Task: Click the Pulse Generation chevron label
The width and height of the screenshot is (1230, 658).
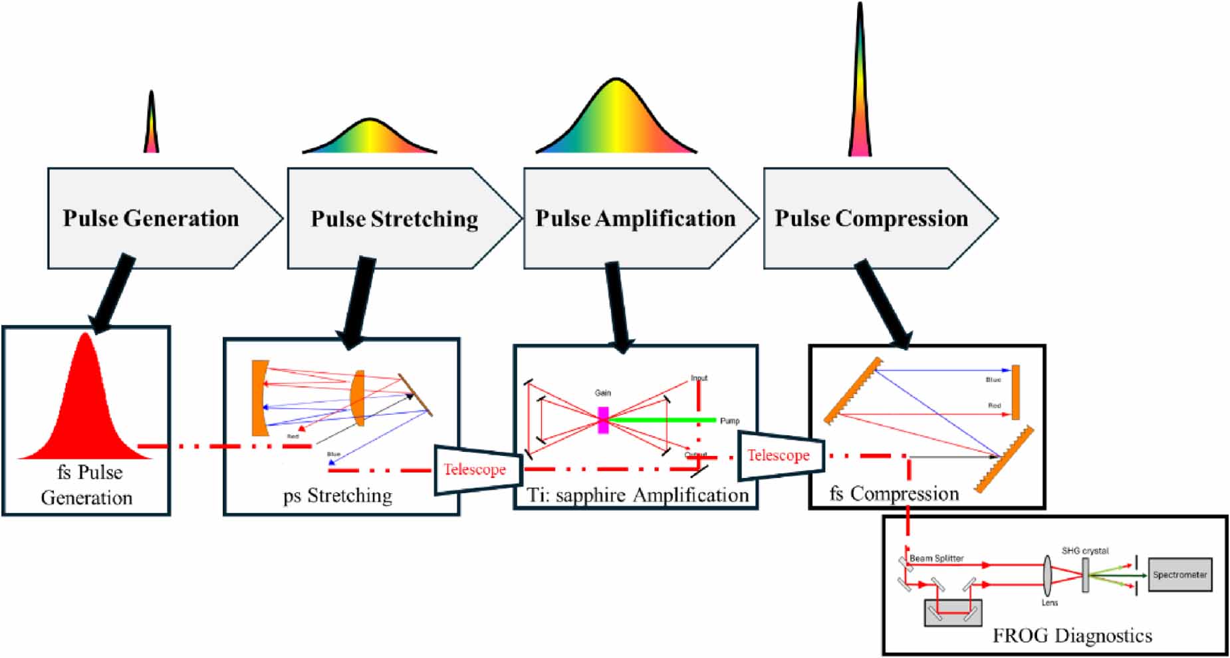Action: coord(151,219)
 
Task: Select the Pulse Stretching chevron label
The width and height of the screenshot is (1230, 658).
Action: coord(394,219)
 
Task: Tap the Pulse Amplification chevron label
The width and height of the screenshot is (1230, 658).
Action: coord(636,219)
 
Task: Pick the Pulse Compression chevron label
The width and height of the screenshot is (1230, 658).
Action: coord(871,219)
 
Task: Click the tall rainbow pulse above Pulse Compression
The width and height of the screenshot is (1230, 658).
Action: coord(860,86)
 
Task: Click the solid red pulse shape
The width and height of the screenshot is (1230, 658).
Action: coord(85,405)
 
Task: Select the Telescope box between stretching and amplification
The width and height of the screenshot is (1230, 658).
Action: coord(475,469)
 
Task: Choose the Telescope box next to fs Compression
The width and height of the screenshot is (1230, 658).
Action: coord(779,455)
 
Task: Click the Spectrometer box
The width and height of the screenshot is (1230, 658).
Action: coord(1179,575)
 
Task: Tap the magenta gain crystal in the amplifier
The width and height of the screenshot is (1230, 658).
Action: coord(603,420)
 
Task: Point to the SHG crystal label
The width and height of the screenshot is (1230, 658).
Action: coord(1085,551)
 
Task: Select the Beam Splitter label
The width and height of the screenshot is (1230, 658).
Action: coord(936,558)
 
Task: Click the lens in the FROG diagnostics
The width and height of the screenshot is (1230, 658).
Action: coord(1048,576)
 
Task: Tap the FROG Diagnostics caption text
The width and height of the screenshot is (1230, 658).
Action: coord(1072,636)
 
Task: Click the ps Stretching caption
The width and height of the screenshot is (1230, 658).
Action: coord(338,496)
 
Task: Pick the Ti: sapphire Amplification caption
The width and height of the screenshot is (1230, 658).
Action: coord(637,495)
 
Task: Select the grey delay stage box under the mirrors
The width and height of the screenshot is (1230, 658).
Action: coord(953,613)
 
